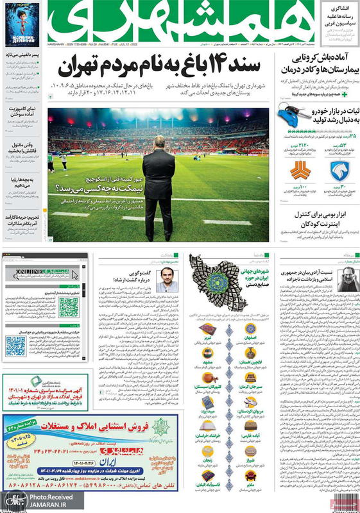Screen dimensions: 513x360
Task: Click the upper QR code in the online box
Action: coord(69,306)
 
